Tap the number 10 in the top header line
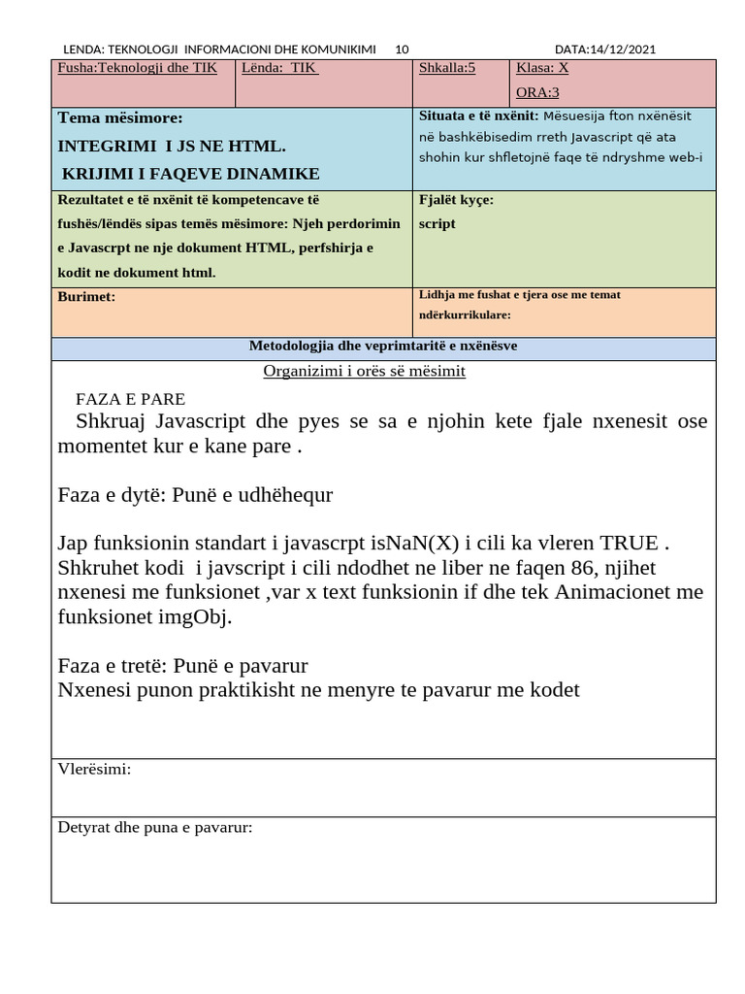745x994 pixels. coord(403,50)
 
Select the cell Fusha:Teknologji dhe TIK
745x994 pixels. coord(138,68)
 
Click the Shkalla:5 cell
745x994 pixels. coord(446,68)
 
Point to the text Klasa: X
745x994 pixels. coord(542,68)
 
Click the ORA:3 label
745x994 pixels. coord(537,93)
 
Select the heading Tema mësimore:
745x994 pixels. coord(120,118)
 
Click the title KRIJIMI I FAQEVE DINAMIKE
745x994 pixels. coord(191,174)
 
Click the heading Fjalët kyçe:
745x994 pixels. coord(456,200)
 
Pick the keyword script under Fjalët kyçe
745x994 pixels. coord(437,223)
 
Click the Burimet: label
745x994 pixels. coord(86,296)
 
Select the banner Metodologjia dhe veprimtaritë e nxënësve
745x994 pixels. coord(383,347)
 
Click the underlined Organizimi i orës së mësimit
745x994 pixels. coord(364,372)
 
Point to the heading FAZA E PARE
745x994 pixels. coord(130,399)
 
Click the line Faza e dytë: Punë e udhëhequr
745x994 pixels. coord(195,495)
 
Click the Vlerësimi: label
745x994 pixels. coord(94,770)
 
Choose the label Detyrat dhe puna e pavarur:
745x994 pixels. coord(155,828)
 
